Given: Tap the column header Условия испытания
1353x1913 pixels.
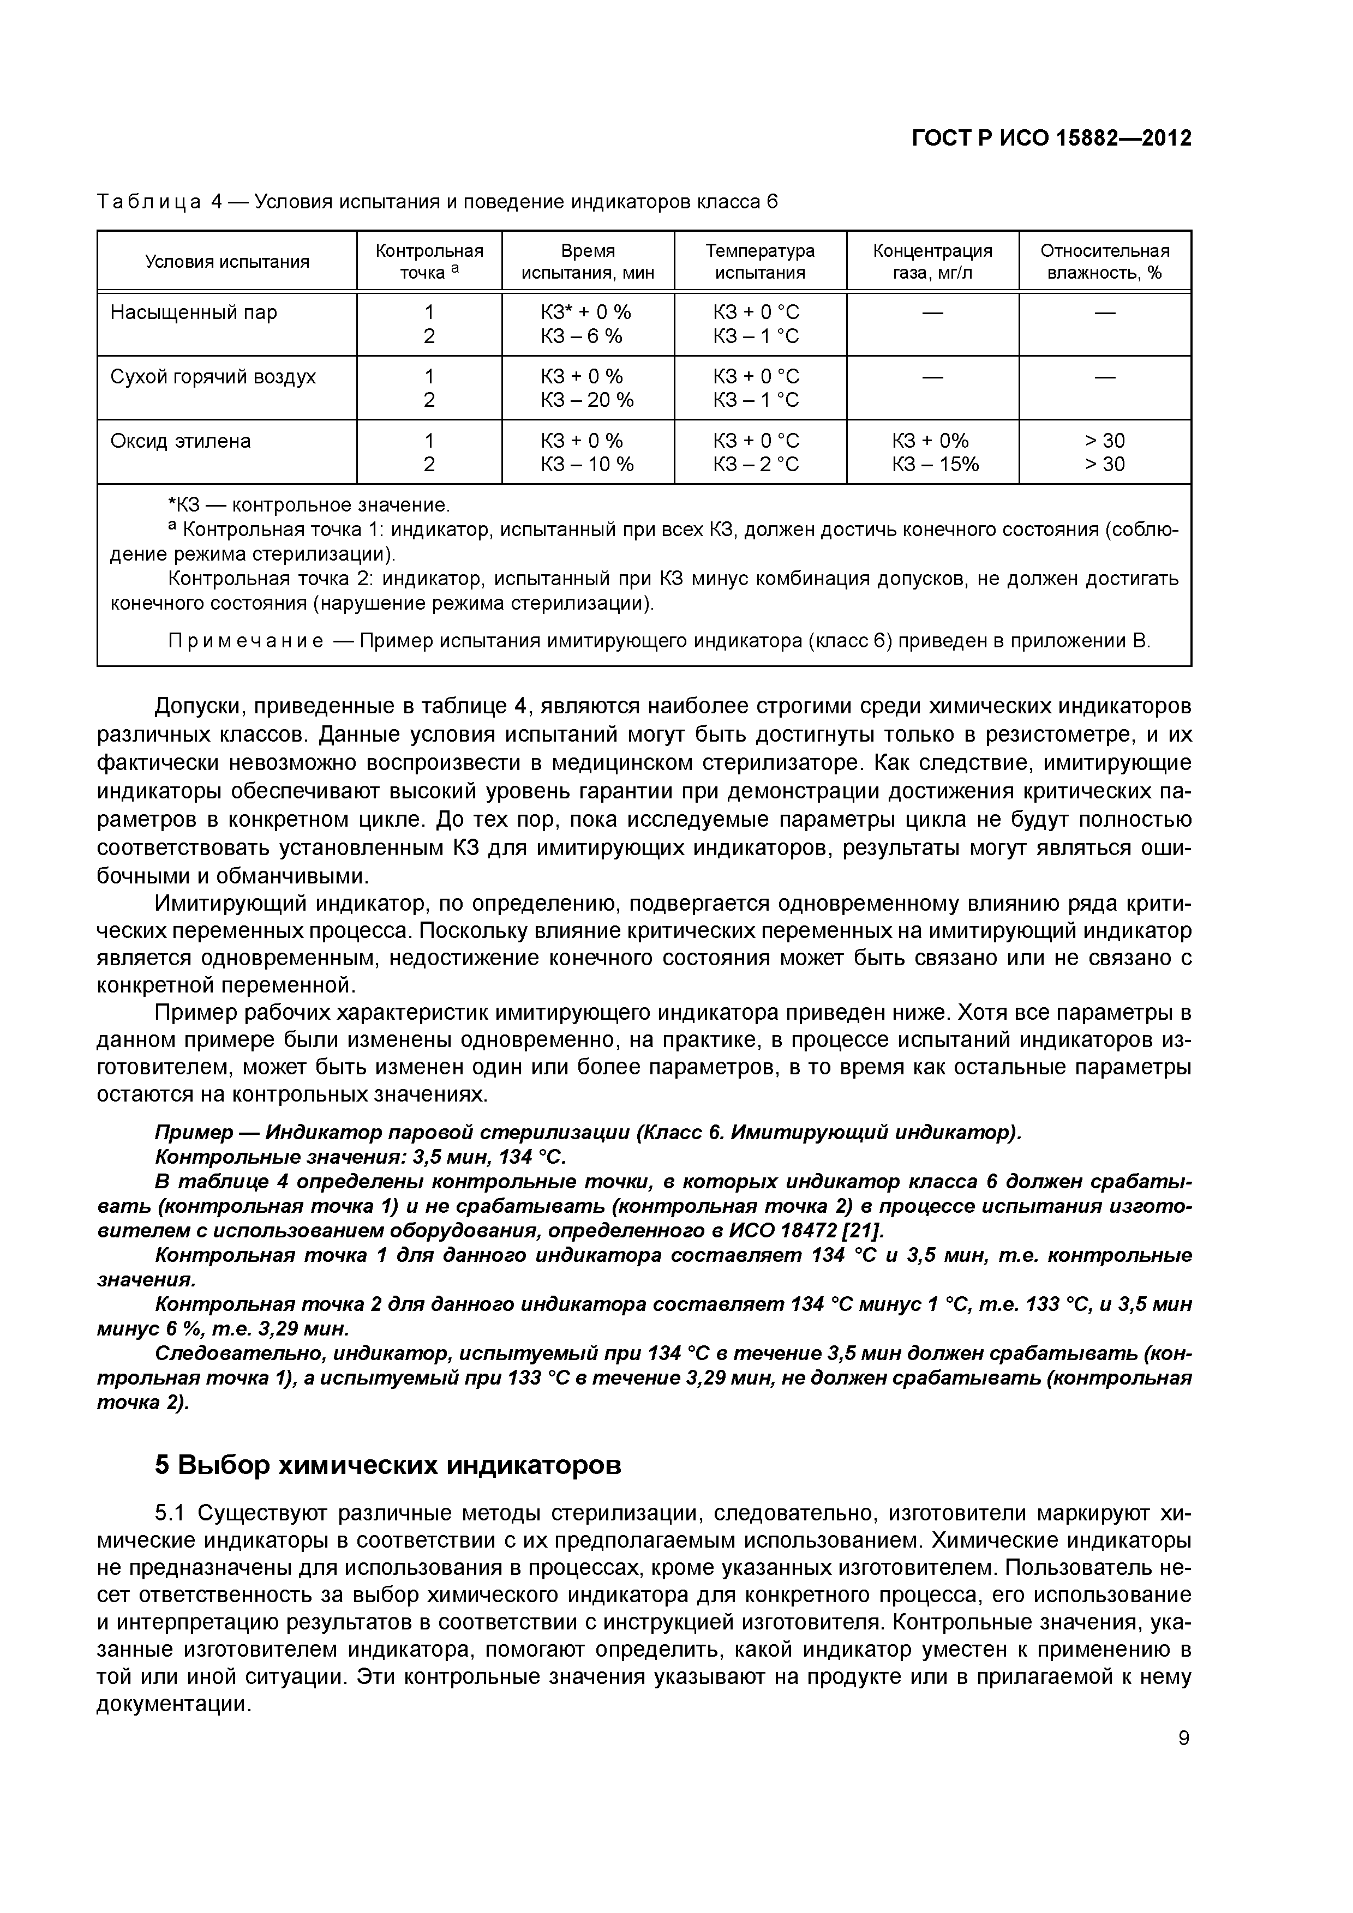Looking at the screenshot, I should pos(227,262).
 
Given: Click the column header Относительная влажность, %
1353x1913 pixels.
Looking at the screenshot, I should pos(1105,262).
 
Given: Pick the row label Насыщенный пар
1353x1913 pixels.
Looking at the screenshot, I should pos(194,312).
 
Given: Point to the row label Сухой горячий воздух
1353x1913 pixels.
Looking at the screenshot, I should pos(213,377).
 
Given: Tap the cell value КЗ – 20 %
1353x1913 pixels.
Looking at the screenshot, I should pos(587,400).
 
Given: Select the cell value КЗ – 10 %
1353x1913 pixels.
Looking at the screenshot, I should pos(587,464).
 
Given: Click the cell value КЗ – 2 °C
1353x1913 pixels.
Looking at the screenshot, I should pos(755,464).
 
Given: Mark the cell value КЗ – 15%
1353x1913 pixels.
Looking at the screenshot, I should pos(935,464).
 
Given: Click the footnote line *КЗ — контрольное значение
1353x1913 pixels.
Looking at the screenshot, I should pos(308,505).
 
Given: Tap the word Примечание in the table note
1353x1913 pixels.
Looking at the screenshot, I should pos(246,641).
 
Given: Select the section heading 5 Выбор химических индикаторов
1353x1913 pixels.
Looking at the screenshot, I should pos(388,1465).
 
